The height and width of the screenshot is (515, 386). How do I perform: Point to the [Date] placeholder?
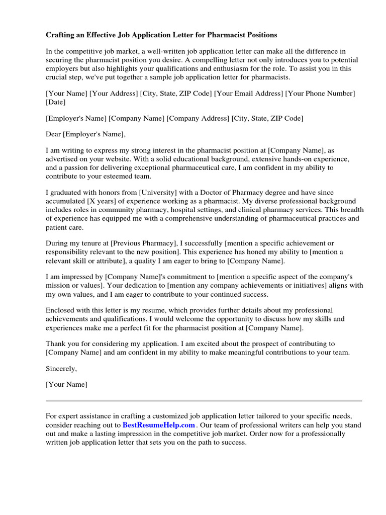55,102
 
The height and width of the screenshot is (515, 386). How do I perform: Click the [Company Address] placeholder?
198,118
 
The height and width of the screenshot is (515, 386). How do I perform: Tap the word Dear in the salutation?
54,134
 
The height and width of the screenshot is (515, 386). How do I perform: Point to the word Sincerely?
61,369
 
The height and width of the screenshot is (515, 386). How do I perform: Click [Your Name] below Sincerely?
66,385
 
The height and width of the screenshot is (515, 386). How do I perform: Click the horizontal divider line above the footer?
204,401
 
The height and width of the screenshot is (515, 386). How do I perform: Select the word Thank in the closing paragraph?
56,344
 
